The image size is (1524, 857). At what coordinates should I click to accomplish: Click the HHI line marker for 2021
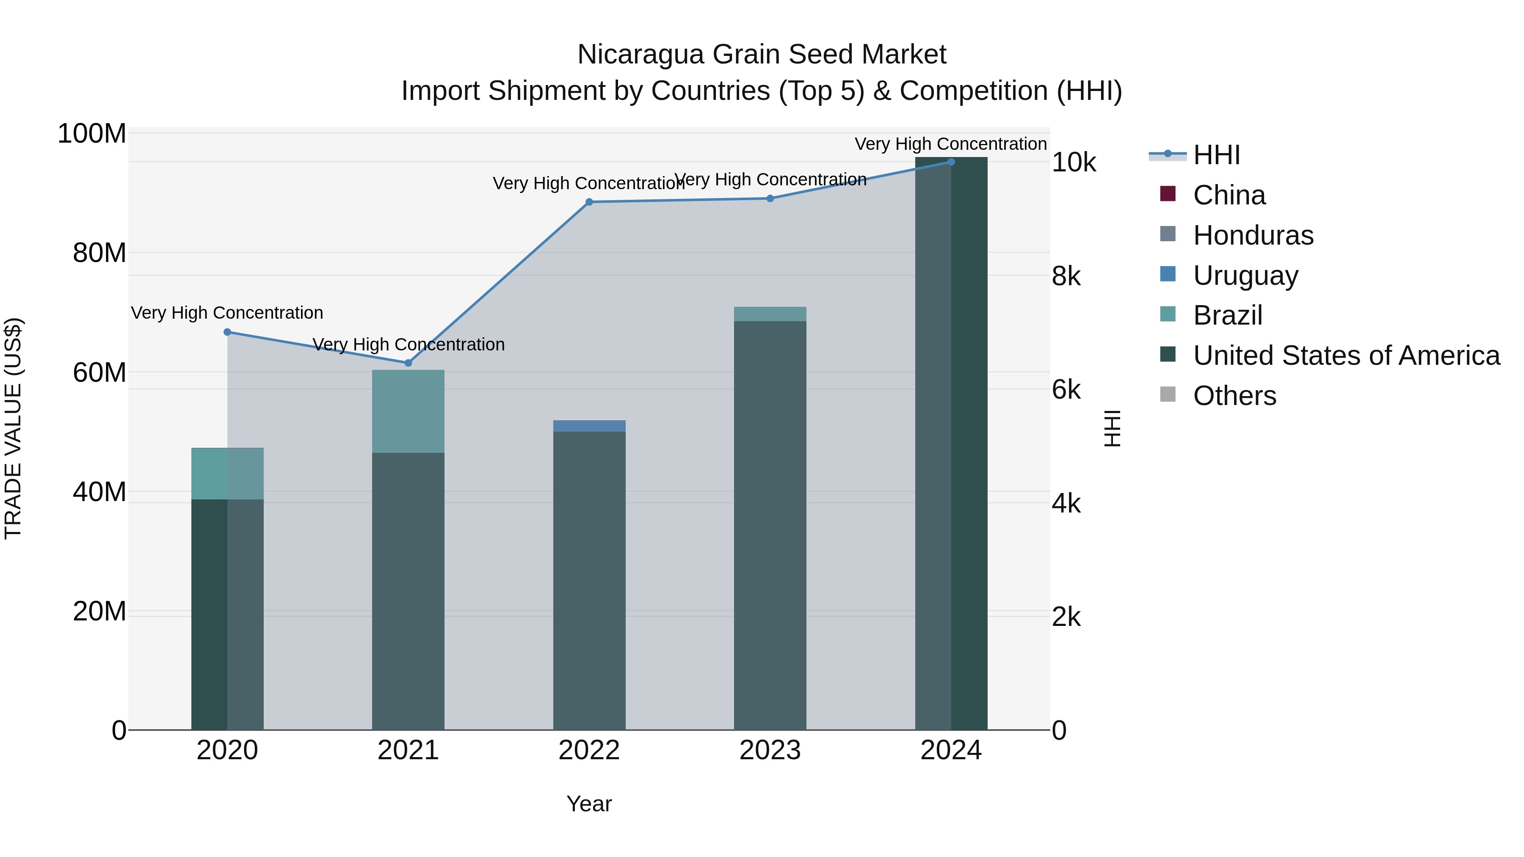click(408, 363)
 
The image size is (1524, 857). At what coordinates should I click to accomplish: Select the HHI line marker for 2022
click(589, 202)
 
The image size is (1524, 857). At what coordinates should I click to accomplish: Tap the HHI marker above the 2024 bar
click(951, 162)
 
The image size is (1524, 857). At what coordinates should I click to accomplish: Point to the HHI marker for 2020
click(227, 332)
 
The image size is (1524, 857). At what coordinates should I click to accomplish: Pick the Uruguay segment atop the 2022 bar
click(589, 426)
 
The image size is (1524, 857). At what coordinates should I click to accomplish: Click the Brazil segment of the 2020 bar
click(227, 473)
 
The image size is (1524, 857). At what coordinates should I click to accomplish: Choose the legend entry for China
click(1229, 195)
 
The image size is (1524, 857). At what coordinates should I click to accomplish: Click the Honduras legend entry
click(1253, 235)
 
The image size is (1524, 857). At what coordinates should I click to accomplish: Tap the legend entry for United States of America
click(1346, 355)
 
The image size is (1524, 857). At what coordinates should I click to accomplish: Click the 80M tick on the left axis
click(99, 253)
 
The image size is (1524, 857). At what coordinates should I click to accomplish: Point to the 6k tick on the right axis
click(1066, 390)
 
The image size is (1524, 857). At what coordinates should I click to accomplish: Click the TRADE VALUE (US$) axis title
click(13, 428)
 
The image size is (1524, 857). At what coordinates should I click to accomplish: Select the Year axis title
click(589, 804)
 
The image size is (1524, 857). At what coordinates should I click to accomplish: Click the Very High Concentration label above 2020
click(227, 312)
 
